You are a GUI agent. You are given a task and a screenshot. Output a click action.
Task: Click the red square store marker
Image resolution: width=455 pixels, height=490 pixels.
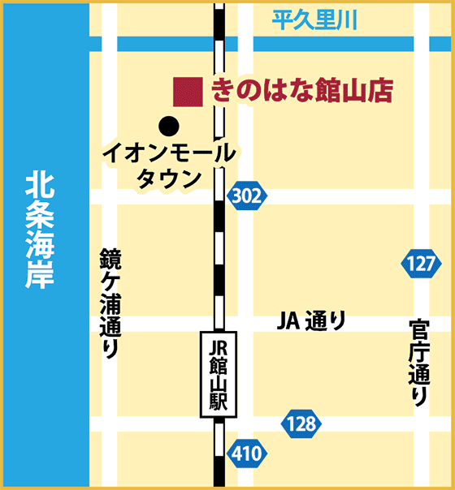tap(188, 92)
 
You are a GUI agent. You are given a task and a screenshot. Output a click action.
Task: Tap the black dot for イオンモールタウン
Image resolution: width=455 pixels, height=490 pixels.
tap(168, 126)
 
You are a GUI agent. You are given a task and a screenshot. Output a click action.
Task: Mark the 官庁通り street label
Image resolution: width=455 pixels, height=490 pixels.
tap(419, 362)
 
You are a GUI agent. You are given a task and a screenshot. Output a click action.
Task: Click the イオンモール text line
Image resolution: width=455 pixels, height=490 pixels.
tap(169, 153)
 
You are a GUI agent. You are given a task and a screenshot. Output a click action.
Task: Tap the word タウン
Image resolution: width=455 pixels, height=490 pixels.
tap(169, 178)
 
